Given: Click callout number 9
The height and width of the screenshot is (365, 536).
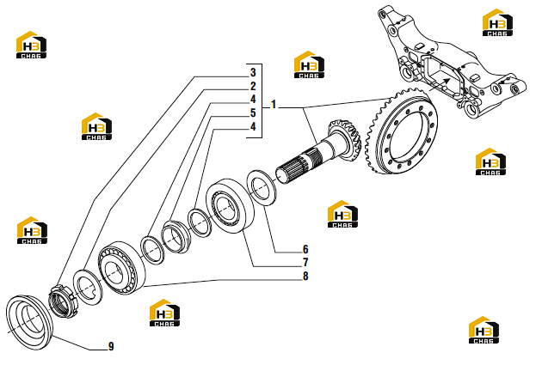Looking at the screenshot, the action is point(111,346).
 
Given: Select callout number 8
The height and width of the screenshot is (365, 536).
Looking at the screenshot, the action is point(305,276).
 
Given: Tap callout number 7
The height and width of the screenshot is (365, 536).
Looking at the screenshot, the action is point(305,262).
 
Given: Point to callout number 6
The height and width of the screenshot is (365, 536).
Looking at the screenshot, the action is point(305,249).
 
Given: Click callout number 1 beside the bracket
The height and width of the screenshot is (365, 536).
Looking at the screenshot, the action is point(273,104).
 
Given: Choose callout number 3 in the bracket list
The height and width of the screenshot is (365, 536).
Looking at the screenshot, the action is point(253,72).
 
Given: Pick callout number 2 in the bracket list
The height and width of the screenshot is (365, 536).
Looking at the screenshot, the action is point(253,86).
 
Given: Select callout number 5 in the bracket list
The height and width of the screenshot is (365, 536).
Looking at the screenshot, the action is point(253,113).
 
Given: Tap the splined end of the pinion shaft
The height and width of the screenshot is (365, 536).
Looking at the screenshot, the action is point(293,167).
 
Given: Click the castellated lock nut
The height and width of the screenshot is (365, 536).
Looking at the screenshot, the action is point(62,301).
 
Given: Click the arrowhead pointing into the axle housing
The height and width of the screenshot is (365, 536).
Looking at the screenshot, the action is point(447,81).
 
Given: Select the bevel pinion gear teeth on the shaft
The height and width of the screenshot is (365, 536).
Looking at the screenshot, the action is point(345,138).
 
